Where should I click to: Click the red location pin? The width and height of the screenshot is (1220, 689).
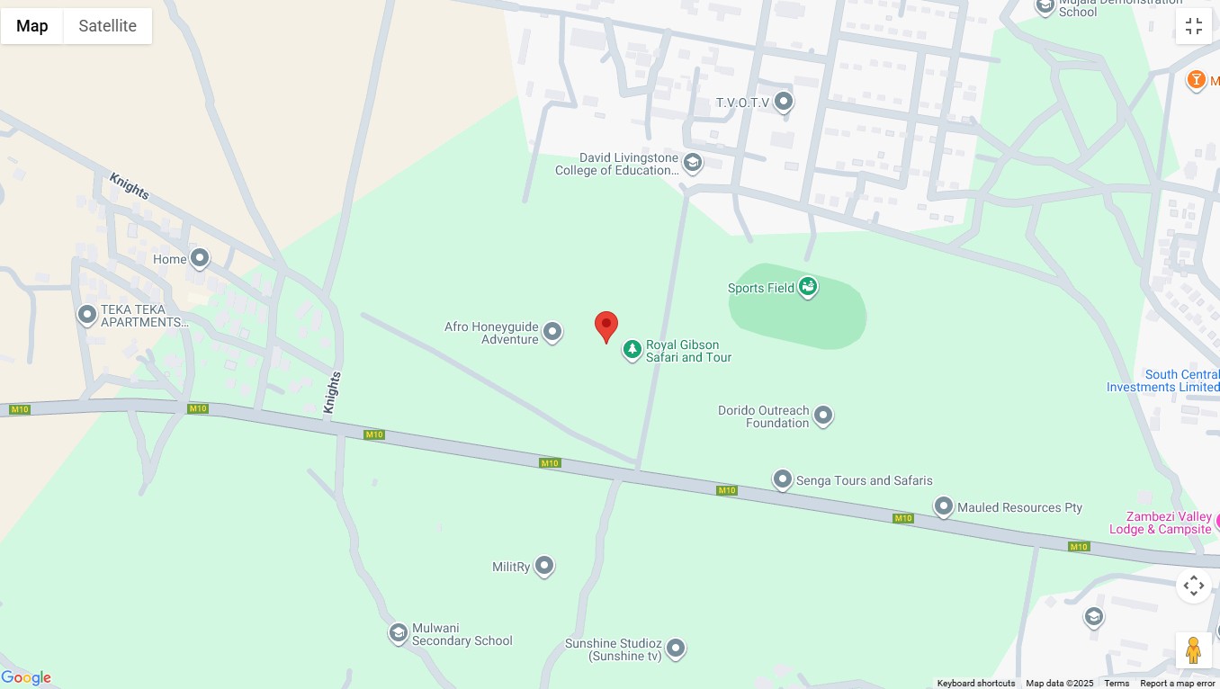coord(606,327)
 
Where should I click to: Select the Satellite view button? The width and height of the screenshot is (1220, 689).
coord(107,26)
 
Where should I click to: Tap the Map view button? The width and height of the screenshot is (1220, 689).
coord(32,26)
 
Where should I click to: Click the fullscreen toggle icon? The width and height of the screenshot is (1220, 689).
coord(1193,26)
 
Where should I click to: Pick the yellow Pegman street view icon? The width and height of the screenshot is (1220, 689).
coord(1193,649)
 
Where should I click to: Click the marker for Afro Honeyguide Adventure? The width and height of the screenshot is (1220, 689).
coord(552,333)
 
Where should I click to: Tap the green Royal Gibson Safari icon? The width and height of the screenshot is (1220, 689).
coord(632,350)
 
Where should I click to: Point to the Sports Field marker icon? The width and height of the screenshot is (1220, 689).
coord(808,287)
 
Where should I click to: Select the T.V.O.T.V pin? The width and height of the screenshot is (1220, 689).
coord(784,102)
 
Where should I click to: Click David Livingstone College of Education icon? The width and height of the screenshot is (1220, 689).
coord(692,163)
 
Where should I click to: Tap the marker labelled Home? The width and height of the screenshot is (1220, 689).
coord(200,259)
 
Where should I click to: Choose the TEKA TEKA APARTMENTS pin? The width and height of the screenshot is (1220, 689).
coord(87,315)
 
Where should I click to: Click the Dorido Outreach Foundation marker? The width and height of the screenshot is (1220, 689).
coord(823,416)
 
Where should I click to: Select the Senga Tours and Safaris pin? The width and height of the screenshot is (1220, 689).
coord(783,479)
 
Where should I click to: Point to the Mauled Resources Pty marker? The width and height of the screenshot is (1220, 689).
coord(943,507)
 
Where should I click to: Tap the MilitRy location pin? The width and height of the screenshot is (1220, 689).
coord(544,566)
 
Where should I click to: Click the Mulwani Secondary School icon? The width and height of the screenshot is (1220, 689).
coord(399,633)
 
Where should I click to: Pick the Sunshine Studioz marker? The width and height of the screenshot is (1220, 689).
coord(676,648)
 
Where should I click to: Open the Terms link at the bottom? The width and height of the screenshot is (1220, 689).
coord(1116,684)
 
